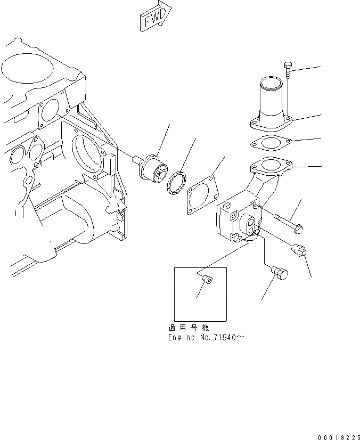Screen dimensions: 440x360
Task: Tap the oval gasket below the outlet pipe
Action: pos(269,144)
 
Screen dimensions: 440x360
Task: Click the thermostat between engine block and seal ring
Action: pos(152,167)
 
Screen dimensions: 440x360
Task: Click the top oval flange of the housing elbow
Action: pos(272,167)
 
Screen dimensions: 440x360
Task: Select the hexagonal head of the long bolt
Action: pos(299,229)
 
